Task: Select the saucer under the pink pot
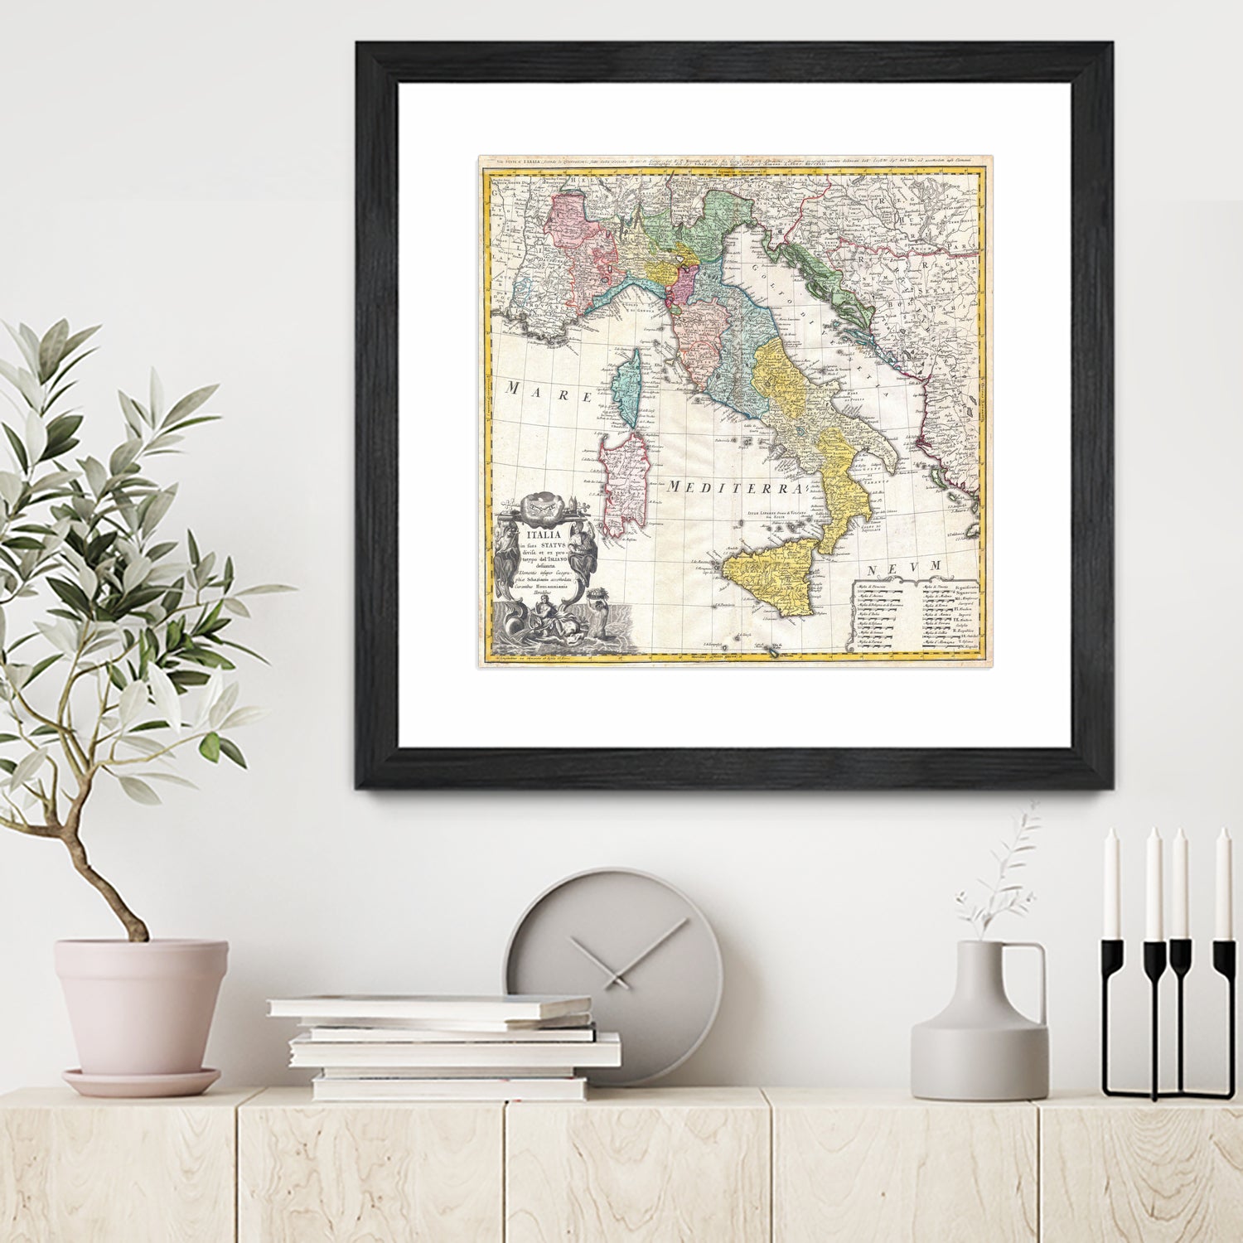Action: click(141, 1081)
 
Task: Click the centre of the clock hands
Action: click(614, 962)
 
